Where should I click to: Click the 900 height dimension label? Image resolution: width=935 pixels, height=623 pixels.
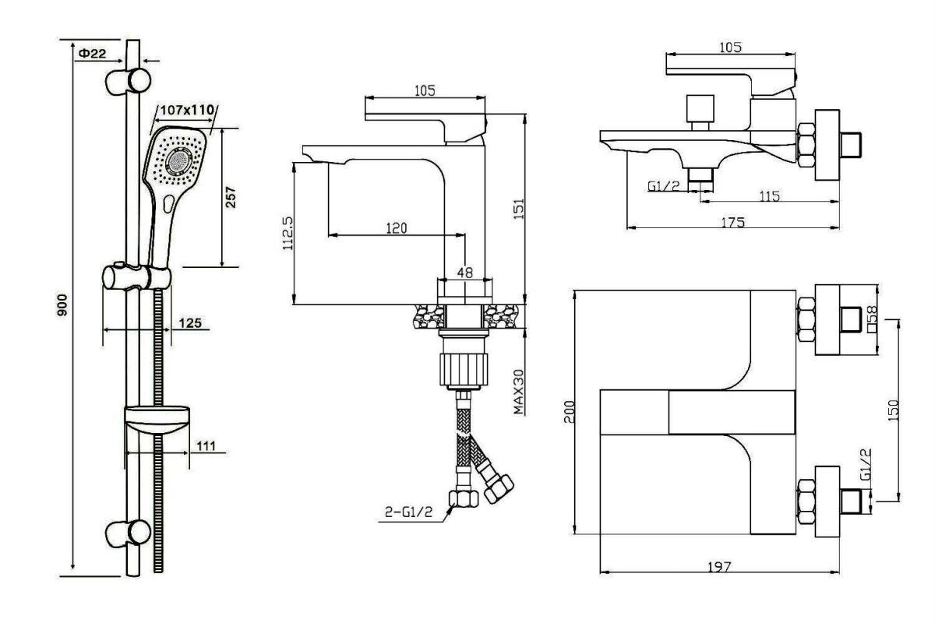62,304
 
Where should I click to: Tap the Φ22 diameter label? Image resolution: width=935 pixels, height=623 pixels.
92,53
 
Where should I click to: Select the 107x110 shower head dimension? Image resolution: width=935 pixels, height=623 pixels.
188,110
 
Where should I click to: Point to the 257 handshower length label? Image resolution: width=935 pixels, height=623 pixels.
231,197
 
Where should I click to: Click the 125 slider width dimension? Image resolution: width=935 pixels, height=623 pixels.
190,322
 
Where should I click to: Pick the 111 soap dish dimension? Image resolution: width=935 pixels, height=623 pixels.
206,445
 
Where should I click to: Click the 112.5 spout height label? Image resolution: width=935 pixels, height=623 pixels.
288,234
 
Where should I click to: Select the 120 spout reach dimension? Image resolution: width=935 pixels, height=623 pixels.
396,228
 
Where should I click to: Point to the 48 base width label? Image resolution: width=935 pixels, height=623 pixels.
464,273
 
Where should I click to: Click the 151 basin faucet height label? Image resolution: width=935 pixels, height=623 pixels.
518,209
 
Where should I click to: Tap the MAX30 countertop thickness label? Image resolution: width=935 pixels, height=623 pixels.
518,392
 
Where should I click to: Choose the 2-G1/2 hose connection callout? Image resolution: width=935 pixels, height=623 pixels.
408,512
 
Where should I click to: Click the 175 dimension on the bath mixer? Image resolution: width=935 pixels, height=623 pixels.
733,223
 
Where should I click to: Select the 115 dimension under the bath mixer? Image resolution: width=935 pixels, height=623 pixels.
770,195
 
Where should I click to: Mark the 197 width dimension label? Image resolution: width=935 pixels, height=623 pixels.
719,567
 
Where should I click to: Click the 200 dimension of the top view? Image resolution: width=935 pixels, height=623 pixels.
569,412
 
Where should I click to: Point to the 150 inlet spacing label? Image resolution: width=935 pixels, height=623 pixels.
892,410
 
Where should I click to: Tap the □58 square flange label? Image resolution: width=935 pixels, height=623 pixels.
872,319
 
